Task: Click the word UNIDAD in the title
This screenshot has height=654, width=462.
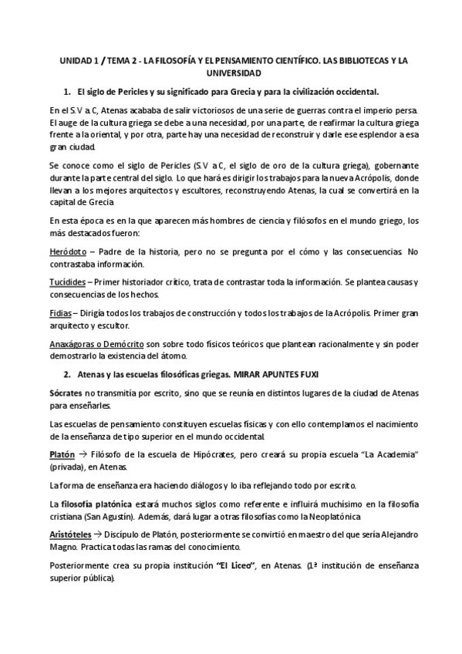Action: click(73, 59)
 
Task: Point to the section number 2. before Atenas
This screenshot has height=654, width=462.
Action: click(67, 373)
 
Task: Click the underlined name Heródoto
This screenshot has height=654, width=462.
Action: click(66, 252)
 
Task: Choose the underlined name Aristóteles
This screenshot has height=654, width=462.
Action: click(72, 534)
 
